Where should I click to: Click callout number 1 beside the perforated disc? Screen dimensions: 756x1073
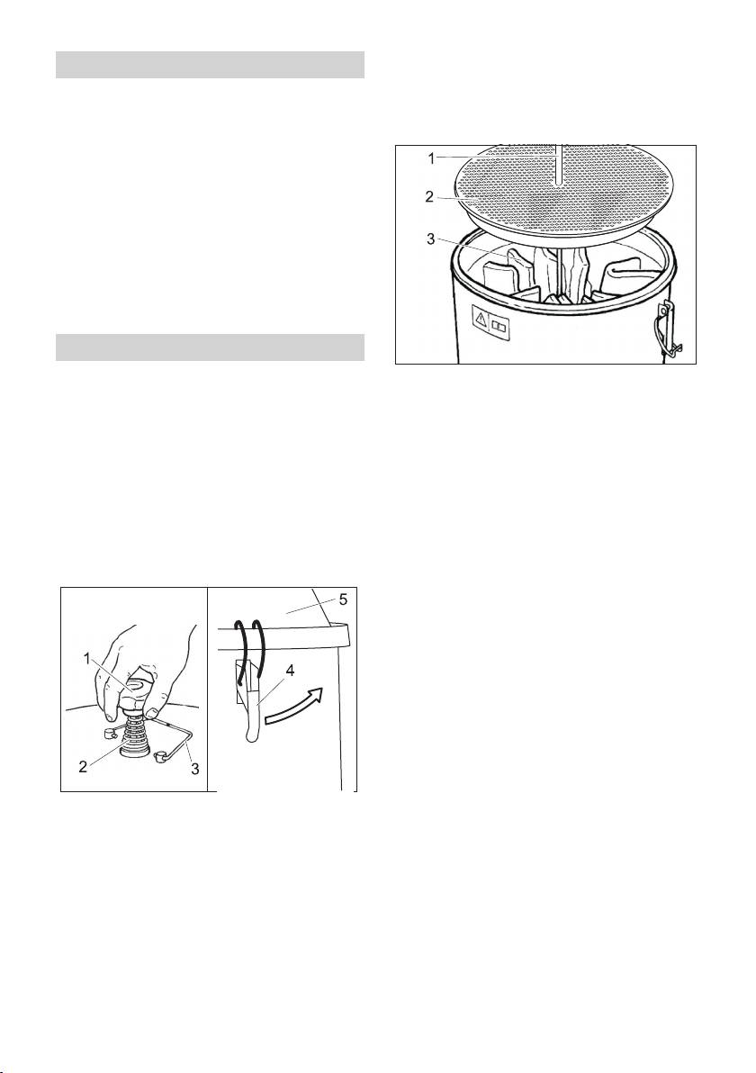[x=431, y=158]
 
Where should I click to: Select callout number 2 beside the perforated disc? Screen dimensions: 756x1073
[x=429, y=197]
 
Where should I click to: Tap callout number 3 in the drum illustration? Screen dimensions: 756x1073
[x=429, y=239]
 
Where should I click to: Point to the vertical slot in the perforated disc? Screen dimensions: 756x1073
[x=559, y=164]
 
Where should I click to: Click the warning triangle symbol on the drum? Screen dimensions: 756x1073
[x=481, y=319]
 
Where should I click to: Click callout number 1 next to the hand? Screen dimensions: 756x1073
[x=87, y=658]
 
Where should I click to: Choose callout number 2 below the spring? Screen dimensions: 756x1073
[x=83, y=766]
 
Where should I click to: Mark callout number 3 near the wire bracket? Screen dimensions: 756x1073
[x=195, y=769]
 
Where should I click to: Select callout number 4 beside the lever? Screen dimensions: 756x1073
[x=290, y=672]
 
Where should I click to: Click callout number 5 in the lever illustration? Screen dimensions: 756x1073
[x=344, y=600]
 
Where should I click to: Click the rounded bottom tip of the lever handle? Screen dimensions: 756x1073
[x=253, y=735]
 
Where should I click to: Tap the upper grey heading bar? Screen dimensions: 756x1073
[x=210, y=64]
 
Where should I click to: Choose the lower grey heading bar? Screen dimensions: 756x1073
[x=210, y=347]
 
